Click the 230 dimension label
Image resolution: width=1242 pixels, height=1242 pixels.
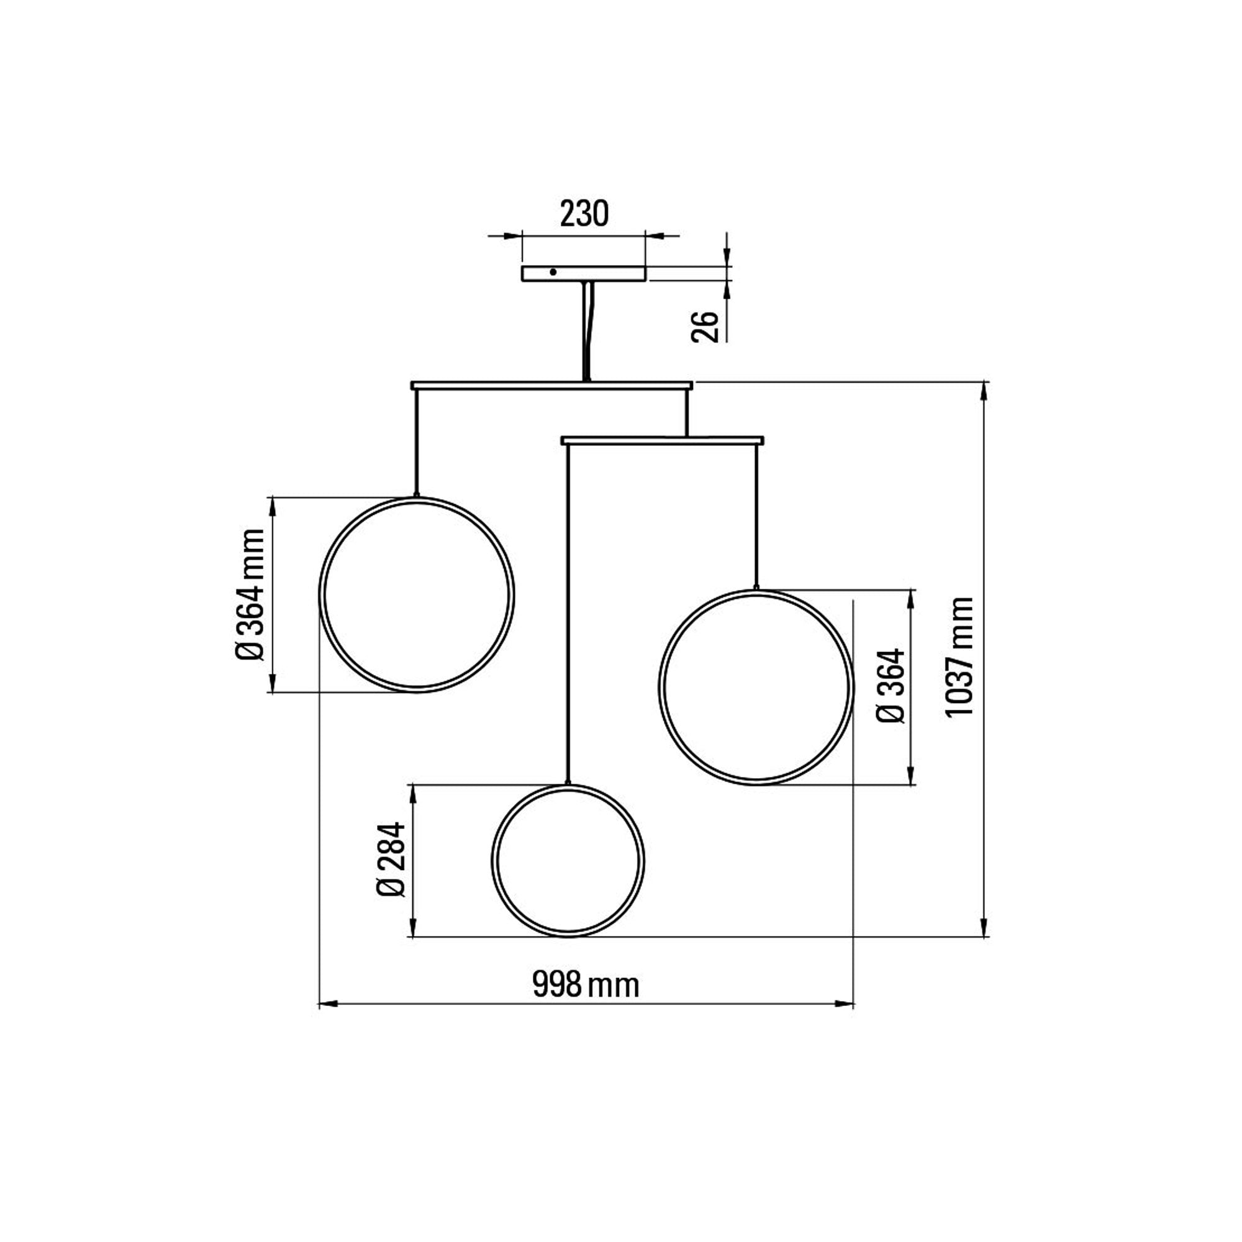[584, 214]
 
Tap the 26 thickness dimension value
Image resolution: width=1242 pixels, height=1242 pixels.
[706, 327]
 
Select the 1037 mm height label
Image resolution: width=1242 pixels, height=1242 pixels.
[961, 656]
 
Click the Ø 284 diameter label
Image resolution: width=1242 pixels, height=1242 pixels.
[391, 859]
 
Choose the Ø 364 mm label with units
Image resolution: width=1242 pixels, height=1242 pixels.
[250, 594]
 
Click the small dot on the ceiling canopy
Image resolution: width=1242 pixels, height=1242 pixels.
[553, 272]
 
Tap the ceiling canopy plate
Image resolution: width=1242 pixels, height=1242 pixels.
[583, 274]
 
